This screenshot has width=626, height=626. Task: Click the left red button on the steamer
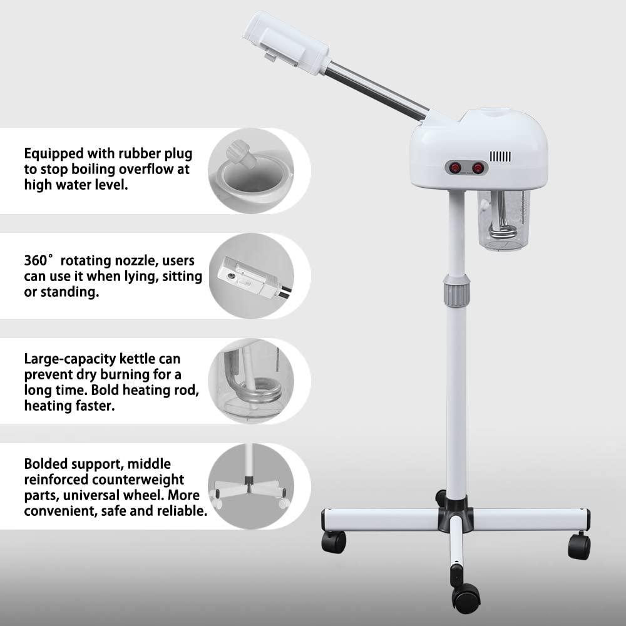454,168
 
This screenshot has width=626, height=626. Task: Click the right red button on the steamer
478,168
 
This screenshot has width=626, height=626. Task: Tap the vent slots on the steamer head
500,156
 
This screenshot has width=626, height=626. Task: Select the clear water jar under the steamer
504,220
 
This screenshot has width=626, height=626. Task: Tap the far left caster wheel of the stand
334,541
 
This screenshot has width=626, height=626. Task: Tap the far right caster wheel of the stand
579,546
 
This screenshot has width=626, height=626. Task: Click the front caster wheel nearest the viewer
466,598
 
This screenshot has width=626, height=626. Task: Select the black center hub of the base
456,515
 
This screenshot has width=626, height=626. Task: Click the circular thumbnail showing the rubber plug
251,171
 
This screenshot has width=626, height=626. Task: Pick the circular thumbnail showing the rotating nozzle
251,276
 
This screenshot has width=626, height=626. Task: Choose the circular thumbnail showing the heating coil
251,381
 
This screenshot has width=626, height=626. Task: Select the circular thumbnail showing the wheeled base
251,486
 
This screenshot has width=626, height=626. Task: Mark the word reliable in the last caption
185,510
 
